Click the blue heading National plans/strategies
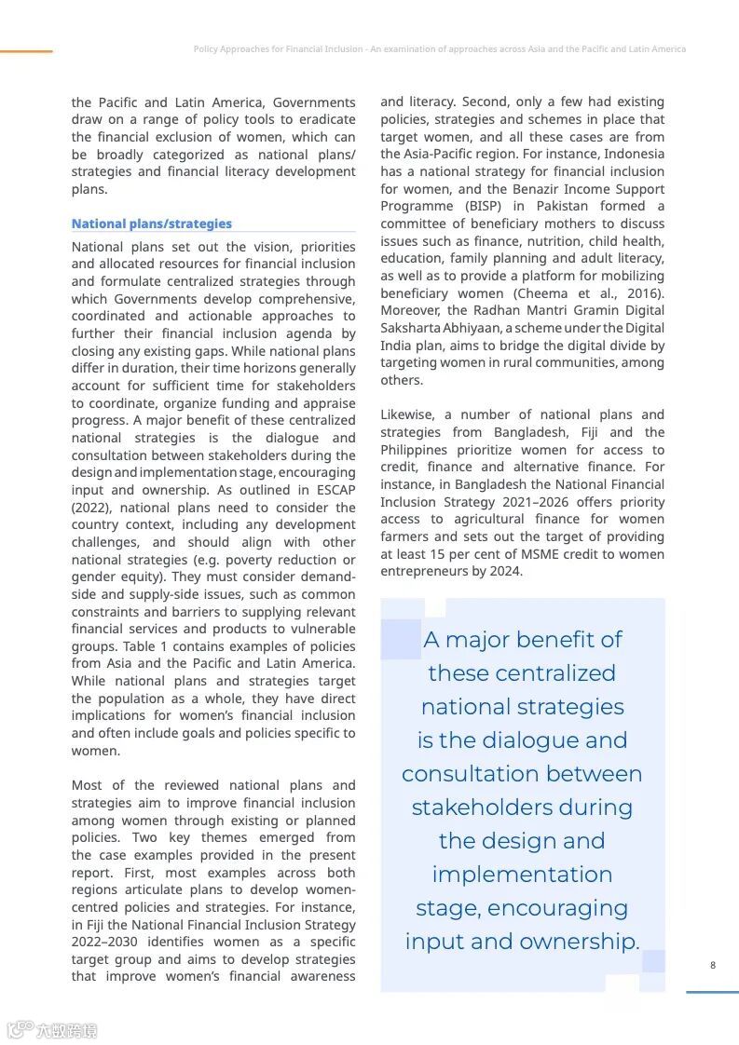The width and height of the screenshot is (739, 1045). click(x=151, y=224)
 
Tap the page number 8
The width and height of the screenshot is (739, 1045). click(x=713, y=965)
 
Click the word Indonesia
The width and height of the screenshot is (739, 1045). click(x=634, y=154)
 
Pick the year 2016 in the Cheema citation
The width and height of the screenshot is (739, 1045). click(x=644, y=292)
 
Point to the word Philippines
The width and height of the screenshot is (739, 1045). click(x=415, y=450)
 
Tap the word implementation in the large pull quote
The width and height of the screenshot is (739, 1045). click(x=522, y=875)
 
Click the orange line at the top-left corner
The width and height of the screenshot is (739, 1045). click(x=26, y=51)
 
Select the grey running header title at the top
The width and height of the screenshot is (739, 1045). click(x=439, y=49)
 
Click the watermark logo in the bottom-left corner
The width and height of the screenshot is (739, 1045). click(x=52, y=1029)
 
